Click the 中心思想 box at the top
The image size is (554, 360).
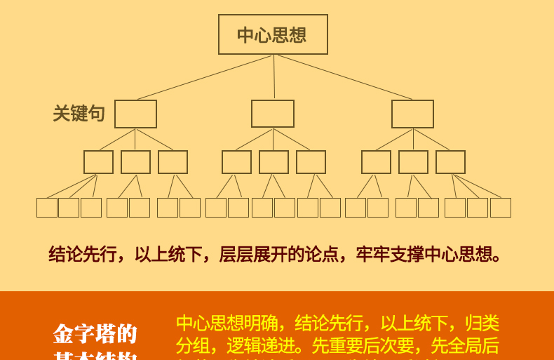tap(273, 34)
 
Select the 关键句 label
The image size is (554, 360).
tap(79, 114)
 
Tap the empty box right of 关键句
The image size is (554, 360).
tap(135, 114)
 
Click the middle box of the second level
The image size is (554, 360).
tap(273, 114)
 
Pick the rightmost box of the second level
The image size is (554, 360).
tap(412, 114)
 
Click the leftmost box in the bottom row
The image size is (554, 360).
tap(47, 208)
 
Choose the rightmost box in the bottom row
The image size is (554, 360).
tap(501, 208)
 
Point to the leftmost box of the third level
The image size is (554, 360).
tap(98, 162)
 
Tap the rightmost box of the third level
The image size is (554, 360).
tap(450, 162)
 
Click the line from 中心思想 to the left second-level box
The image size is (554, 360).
tap(203, 77)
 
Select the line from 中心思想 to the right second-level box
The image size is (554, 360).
tap(344, 77)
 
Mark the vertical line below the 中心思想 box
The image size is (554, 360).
tap(274, 77)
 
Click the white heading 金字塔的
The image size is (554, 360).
tap(95, 333)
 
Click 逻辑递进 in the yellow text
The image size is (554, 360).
tap(261, 346)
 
